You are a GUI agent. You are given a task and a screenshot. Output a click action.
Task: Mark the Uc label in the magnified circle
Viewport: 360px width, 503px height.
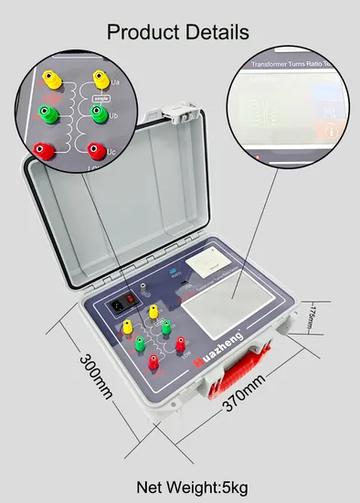tap(112, 150)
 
